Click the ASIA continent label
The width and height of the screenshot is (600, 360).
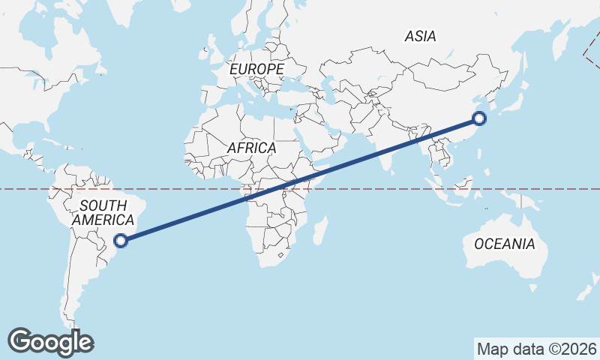(420, 35)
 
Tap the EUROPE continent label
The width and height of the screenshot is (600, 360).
(256, 69)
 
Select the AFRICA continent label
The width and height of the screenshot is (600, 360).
(251, 148)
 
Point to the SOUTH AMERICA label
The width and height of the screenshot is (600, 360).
(104, 212)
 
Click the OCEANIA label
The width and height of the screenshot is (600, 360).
(504, 244)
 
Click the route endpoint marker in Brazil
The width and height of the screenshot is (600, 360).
(121, 240)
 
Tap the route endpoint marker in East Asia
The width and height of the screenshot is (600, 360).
(479, 118)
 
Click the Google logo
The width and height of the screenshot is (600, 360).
(51, 342)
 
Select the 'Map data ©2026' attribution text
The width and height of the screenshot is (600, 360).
(536, 349)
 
